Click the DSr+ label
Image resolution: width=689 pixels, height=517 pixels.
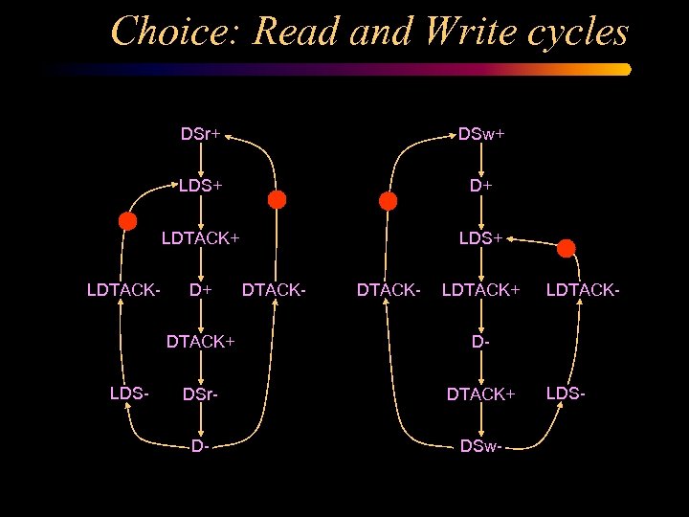201,134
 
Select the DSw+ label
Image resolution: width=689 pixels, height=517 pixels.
480,134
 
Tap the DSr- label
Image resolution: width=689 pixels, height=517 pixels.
201,393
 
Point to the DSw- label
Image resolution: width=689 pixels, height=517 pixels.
480,445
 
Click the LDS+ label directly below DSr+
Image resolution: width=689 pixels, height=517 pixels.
201,186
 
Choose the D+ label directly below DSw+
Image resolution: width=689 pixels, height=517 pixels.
480,186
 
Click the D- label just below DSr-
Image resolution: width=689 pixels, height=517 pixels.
200,445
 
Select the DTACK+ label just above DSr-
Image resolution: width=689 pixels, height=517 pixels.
201,341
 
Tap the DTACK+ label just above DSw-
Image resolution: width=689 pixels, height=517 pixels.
481,393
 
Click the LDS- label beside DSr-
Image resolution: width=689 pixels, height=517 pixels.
129,393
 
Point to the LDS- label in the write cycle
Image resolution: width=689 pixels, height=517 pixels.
566,393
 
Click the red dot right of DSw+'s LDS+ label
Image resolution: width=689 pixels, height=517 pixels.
567,248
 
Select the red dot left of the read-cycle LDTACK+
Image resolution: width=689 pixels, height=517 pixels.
127,220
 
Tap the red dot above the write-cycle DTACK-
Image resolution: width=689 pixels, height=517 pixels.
388,201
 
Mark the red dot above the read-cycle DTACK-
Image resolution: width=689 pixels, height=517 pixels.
277,199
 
